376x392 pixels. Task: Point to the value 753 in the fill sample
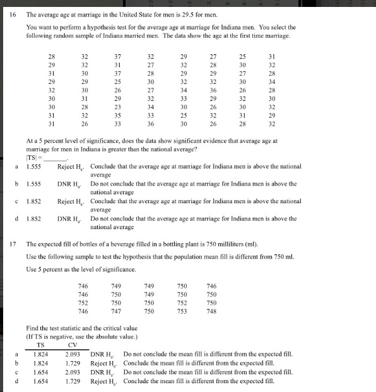pyautogui.click(x=182, y=311)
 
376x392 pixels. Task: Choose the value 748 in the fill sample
pyautogui.click(x=211, y=311)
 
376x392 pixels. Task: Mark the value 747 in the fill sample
pyautogui.click(x=115, y=311)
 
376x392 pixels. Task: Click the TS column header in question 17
pyautogui.click(x=41, y=345)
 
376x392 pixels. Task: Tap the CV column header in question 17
pyautogui.click(x=72, y=345)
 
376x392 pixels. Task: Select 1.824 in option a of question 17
pyautogui.click(x=41, y=355)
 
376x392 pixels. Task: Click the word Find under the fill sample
pyautogui.click(x=33, y=328)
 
